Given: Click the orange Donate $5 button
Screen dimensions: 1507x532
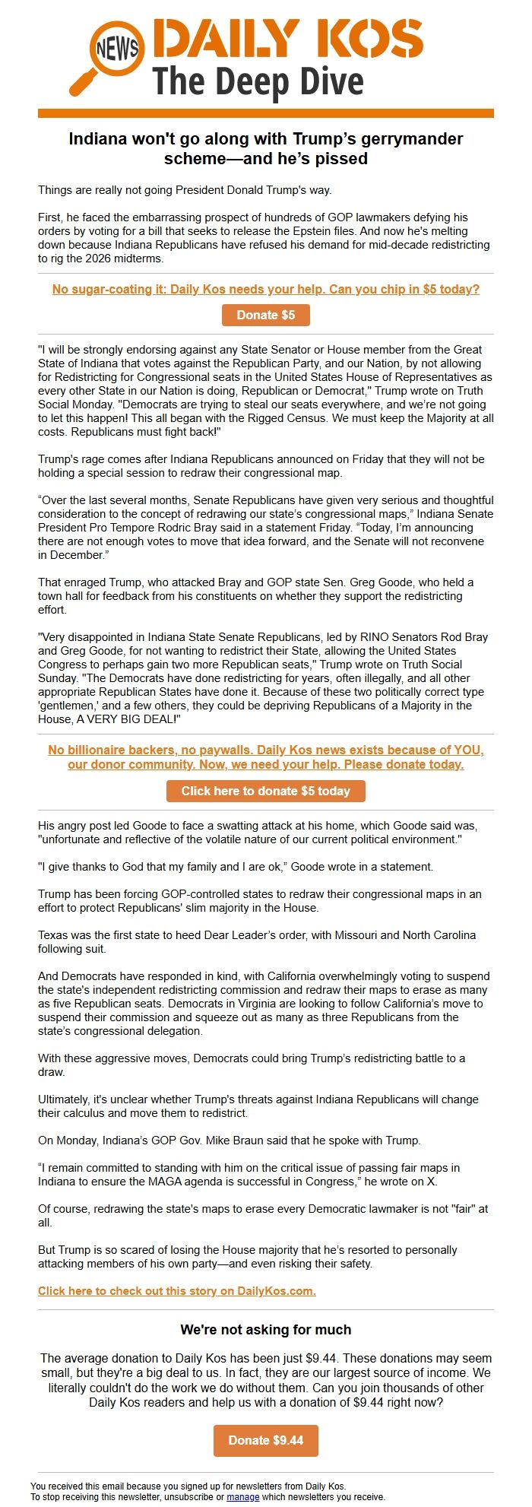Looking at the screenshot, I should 265,315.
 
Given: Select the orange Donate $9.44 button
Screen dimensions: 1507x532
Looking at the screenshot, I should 265,1440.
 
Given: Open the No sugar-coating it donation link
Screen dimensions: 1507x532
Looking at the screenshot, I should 265,290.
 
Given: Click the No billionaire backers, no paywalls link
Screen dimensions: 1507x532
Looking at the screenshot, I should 265,757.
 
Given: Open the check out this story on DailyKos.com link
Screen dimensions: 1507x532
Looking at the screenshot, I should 176,1291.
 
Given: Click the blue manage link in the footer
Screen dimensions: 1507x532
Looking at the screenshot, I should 242,1496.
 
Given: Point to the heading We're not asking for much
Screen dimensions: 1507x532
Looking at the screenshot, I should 265,1330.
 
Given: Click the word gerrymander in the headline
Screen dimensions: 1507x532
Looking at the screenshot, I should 407,139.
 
